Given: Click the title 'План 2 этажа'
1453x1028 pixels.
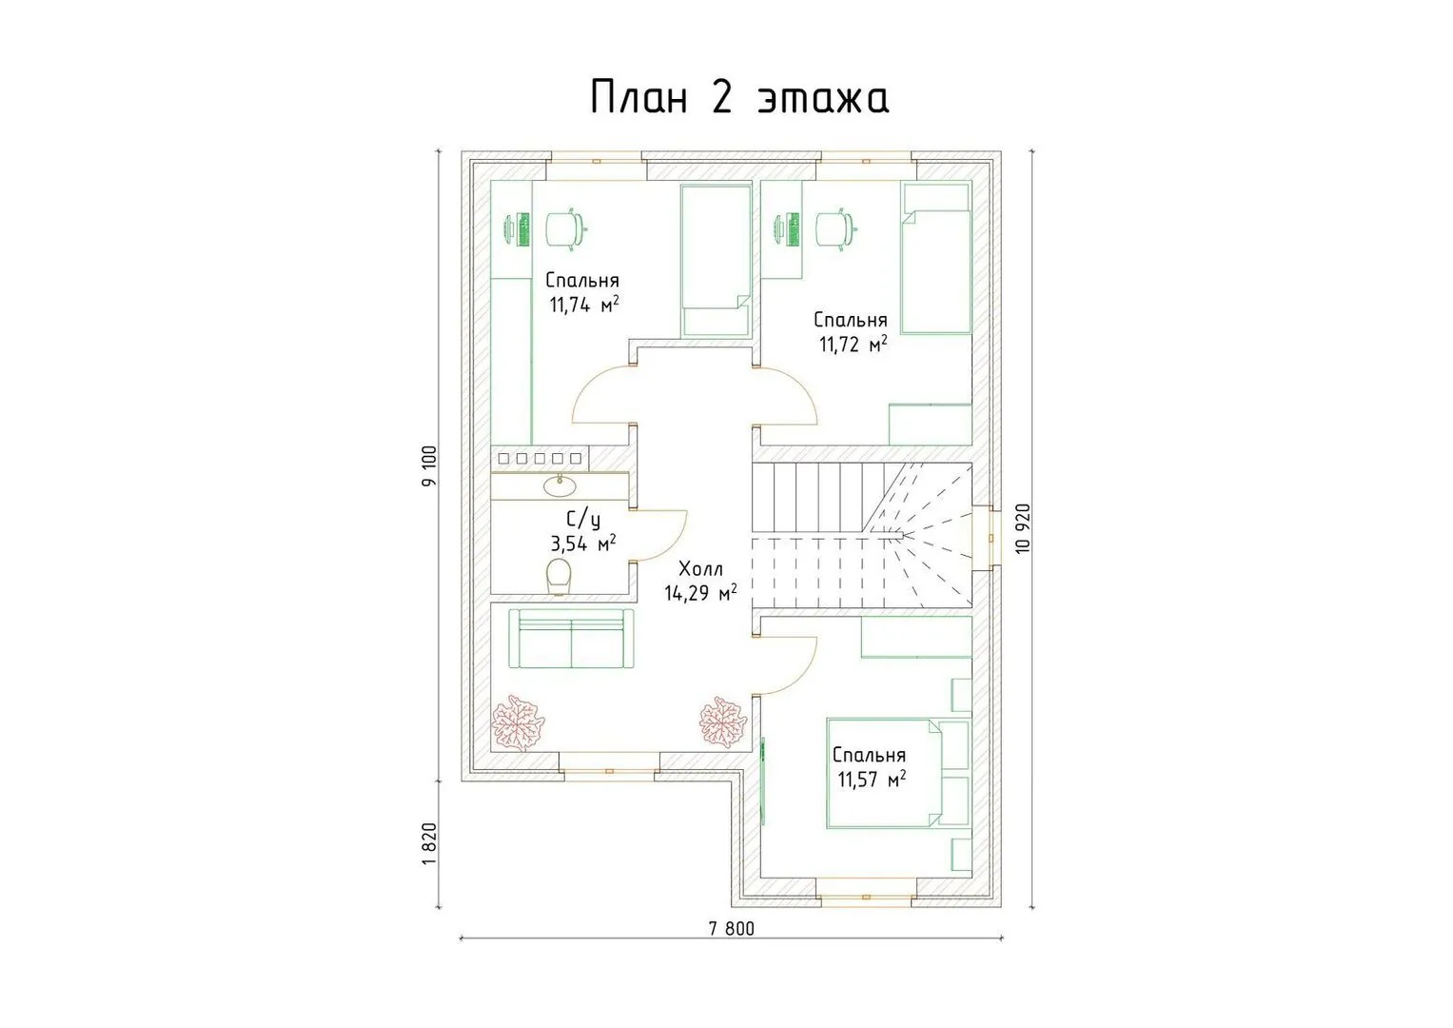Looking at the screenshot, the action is click(x=738, y=97).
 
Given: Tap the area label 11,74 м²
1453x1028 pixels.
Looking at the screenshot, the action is click(x=584, y=305).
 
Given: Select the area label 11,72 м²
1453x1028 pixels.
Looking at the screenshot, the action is click(x=853, y=344).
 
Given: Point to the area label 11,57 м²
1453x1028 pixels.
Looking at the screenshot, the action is click(x=872, y=779).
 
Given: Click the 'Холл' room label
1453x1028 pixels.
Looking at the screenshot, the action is click(x=700, y=569).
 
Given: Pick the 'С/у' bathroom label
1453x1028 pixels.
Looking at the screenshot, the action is click(x=583, y=519).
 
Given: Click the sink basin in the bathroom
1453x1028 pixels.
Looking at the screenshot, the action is click(x=560, y=484).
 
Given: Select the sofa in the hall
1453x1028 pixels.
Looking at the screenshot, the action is click(x=571, y=639).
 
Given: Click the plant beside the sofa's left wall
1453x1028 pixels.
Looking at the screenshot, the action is click(x=518, y=723).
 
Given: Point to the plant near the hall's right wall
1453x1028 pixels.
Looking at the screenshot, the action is click(x=722, y=722).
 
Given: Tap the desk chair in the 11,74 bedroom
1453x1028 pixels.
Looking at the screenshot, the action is click(x=566, y=229).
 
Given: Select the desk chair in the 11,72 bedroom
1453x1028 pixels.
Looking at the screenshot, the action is click(x=836, y=229).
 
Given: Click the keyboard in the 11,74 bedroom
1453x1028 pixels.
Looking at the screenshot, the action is click(x=522, y=229).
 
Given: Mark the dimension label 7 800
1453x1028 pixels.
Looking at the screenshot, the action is click(x=732, y=929).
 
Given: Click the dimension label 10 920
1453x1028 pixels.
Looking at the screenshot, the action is click(x=1023, y=528).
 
